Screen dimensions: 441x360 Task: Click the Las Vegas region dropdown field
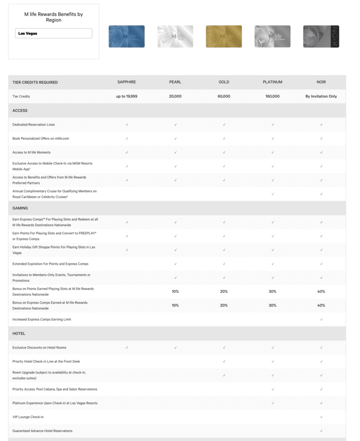(53, 34)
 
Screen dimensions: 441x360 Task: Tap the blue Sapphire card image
(127, 37)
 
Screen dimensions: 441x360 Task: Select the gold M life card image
(224, 37)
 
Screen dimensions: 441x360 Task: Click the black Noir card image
(321, 37)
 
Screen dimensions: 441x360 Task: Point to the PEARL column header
(175, 82)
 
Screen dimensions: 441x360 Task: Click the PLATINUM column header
(272, 82)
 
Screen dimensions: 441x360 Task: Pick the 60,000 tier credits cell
(224, 96)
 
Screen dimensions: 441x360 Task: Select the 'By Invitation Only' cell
(321, 96)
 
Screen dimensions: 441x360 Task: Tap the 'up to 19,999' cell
(127, 96)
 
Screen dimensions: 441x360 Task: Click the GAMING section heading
(20, 208)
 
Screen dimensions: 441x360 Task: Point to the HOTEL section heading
(19, 333)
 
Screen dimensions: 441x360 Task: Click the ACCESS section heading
(20, 111)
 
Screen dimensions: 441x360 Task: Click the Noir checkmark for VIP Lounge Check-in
(321, 417)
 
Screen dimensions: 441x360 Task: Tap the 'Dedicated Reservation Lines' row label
(34, 125)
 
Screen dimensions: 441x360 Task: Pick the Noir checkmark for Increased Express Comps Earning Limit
(321, 319)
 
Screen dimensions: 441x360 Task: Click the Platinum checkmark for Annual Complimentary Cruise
(272, 194)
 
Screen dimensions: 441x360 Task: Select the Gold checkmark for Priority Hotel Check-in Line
(224, 361)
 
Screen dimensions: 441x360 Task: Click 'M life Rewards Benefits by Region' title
(53, 17)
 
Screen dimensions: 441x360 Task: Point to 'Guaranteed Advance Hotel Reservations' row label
(43, 431)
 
